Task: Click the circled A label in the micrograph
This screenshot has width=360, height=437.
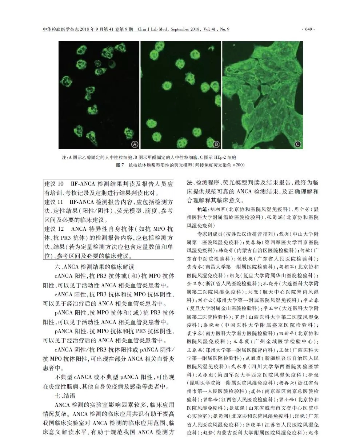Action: (x=135, y=144)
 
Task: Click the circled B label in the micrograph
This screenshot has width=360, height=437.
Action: (x=216, y=144)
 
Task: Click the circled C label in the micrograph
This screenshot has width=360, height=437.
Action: (x=298, y=144)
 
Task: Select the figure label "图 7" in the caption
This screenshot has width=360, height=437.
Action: (x=120, y=165)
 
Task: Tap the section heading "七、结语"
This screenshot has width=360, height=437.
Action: (x=65, y=396)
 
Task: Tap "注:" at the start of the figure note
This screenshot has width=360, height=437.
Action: (x=65, y=158)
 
